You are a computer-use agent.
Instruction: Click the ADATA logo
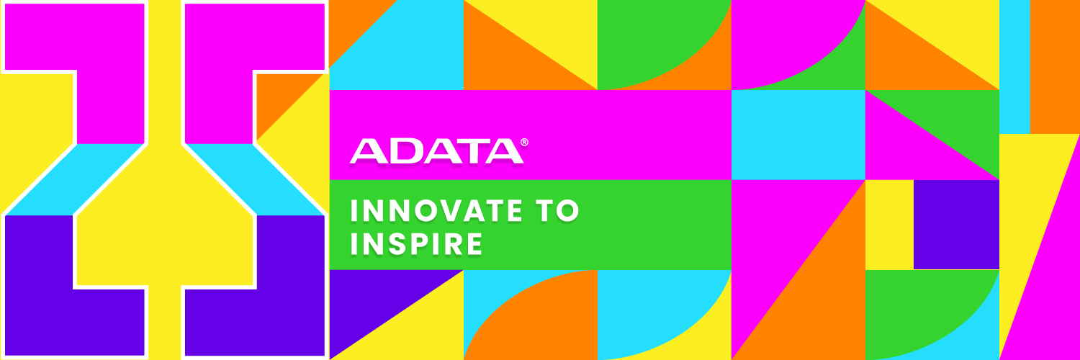pyautogui.click(x=436, y=150)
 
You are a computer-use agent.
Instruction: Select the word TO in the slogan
pyautogui.click(x=559, y=211)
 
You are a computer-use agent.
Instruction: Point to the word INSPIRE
pyautogui.click(x=415, y=244)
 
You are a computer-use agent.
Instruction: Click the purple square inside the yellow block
pyautogui.click(x=956, y=224)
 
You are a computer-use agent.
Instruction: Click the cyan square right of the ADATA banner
pyautogui.click(x=798, y=135)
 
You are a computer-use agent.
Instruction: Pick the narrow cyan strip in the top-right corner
pyautogui.click(x=1014, y=65)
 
